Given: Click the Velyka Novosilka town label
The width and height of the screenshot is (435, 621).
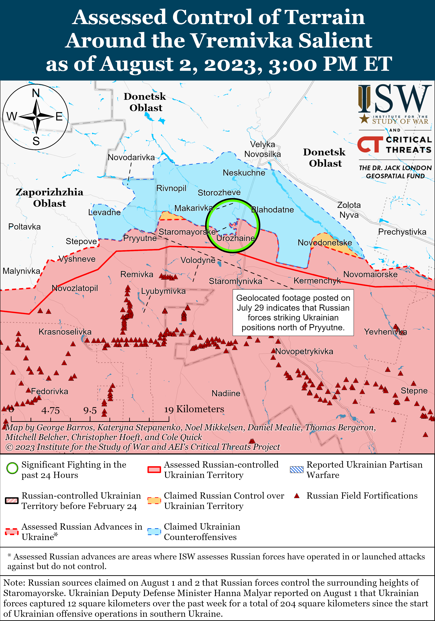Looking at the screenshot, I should click(x=262, y=149).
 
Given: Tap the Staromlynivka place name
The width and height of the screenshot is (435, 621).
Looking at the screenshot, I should click(x=235, y=281).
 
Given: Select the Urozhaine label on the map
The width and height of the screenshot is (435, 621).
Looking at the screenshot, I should click(x=236, y=238).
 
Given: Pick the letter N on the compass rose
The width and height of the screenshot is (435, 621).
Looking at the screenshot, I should click(x=36, y=93).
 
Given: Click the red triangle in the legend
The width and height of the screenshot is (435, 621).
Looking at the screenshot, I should click(x=297, y=496).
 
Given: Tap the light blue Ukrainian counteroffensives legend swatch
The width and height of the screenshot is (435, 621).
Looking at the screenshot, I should click(x=154, y=532).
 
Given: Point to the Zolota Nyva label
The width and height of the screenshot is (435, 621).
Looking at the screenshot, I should click(x=349, y=210).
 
